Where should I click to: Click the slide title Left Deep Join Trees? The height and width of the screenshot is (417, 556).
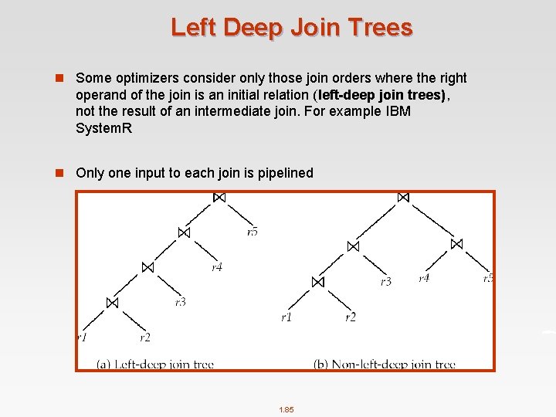pyautogui.click(x=291, y=28)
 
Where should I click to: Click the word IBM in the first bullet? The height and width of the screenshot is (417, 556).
pyautogui.click(x=398, y=111)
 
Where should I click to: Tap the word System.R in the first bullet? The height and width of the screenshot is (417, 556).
pyautogui.click(x=104, y=128)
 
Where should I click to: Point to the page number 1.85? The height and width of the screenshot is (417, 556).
pyautogui.click(x=286, y=410)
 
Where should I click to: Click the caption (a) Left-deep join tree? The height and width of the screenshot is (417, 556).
pyautogui.click(x=155, y=364)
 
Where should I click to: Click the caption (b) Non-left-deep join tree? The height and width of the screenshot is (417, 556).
pyautogui.click(x=385, y=364)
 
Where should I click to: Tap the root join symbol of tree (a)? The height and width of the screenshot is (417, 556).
pyautogui.click(x=219, y=198)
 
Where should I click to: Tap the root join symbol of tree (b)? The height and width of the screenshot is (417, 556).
pyautogui.click(x=402, y=198)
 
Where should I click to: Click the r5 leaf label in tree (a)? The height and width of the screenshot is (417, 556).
pyautogui.click(x=253, y=232)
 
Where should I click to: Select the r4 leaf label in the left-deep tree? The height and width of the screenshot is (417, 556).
pyautogui.click(x=217, y=267)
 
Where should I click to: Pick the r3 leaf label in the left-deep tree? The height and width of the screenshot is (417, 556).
pyautogui.click(x=180, y=302)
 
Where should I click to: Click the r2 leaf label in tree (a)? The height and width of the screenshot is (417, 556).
pyautogui.click(x=145, y=337)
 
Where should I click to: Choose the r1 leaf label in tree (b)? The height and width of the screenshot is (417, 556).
pyautogui.click(x=286, y=317)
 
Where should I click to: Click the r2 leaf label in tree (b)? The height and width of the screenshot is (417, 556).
pyautogui.click(x=351, y=317)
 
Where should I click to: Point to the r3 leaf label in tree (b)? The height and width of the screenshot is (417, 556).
pyautogui.click(x=386, y=282)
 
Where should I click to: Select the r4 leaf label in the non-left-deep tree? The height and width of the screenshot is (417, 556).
pyautogui.click(x=424, y=278)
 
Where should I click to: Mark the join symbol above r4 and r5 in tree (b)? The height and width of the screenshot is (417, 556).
pyautogui.click(x=456, y=244)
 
